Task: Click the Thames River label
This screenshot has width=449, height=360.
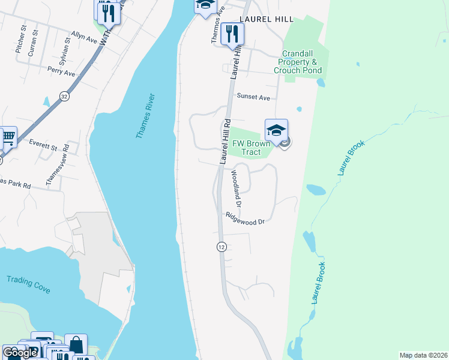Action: pos(145,116)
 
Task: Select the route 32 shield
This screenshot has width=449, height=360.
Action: pos(64,95)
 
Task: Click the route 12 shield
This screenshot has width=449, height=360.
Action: pos(221,247)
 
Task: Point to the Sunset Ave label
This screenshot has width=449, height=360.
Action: pos(253,97)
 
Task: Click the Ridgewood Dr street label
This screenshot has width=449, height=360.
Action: pos(245,219)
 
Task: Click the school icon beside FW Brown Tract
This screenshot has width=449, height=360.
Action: pos(276,130)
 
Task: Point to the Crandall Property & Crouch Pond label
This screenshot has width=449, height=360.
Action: pos(298,62)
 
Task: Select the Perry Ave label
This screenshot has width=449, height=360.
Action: pos(62,71)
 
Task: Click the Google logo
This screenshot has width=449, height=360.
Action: pos(20,352)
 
